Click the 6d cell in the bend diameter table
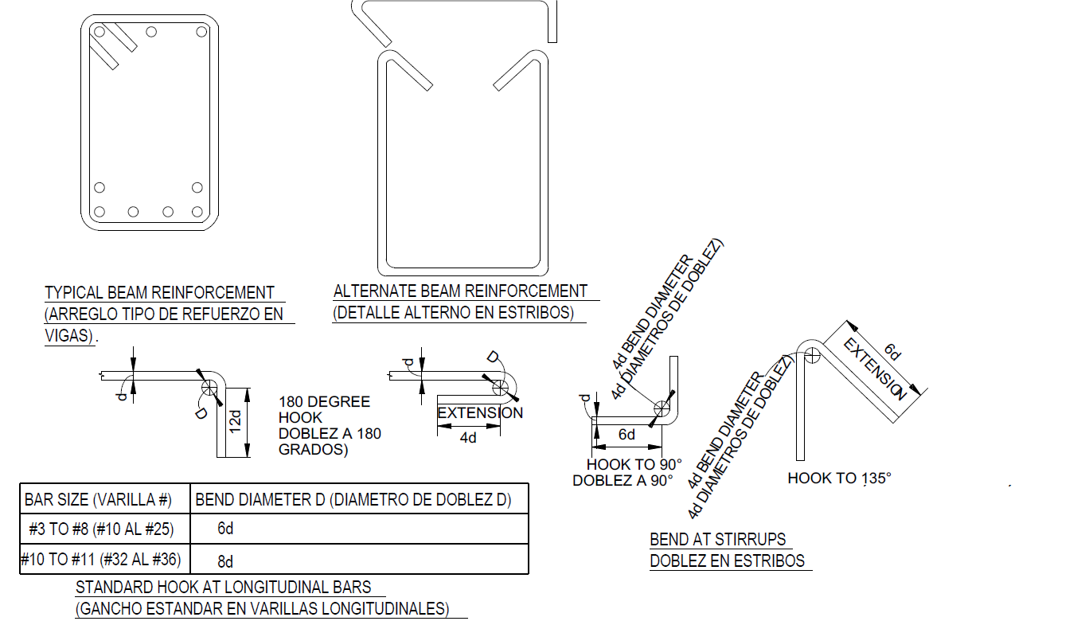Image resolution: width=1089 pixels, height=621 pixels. coord(225,528)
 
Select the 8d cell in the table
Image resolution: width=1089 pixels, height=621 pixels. coord(225,561)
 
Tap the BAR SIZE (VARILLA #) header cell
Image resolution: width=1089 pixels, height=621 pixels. coord(98,499)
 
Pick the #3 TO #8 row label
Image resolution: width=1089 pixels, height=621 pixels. coord(101,529)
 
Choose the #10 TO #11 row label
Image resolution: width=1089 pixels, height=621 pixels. coord(100,559)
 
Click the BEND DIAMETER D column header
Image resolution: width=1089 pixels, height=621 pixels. coord(353,499)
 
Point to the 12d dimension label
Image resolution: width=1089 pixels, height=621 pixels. coord(236,422)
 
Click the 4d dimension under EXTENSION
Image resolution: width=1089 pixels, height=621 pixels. coord(468,438)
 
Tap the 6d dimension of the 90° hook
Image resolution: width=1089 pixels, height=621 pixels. coord(626,434)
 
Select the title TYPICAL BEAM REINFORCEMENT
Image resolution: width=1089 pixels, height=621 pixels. coord(159,293)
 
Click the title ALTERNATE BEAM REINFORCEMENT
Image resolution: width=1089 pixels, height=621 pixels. coord(460,291)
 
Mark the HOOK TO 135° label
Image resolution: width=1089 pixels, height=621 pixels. coord(840,478)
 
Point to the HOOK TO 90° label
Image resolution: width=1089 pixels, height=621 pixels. coord(634,464)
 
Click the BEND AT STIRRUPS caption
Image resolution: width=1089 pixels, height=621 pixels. coord(717,539)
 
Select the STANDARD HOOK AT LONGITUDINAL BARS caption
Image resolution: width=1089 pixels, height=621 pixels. coord(223,588)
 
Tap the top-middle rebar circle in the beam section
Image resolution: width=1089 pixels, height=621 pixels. coord(151,32)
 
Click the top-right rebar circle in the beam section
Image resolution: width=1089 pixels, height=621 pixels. coord(201,32)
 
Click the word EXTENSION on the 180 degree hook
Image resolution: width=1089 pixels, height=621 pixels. coord(480,413)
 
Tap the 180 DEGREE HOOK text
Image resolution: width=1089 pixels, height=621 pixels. coord(324,409)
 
